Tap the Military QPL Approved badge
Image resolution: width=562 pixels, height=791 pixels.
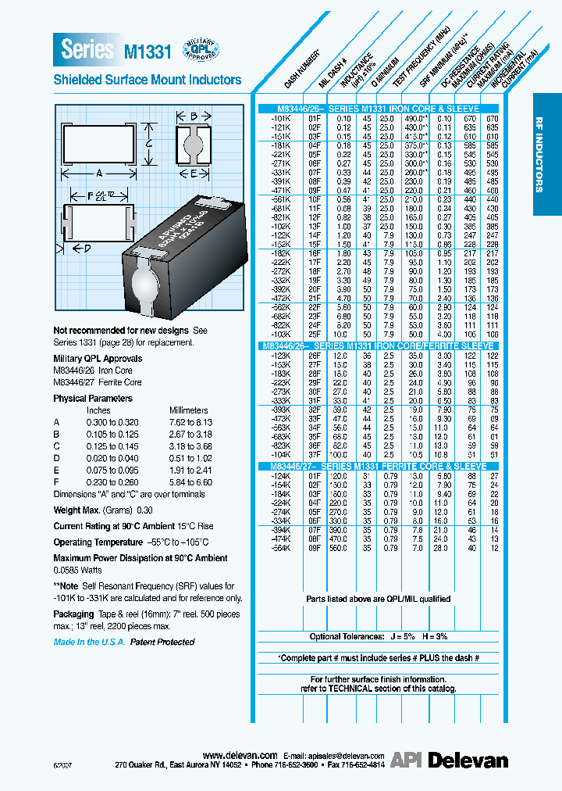click(x=201, y=49)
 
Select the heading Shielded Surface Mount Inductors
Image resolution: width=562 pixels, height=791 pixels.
click(x=147, y=80)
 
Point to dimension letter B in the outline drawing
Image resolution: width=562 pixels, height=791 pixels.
click(x=192, y=117)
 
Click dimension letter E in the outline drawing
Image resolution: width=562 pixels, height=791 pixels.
click(x=193, y=173)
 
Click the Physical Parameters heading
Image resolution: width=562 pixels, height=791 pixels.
click(x=92, y=398)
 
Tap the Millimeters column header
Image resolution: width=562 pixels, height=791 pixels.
click(x=189, y=410)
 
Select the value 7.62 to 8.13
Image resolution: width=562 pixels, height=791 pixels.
click(x=191, y=421)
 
